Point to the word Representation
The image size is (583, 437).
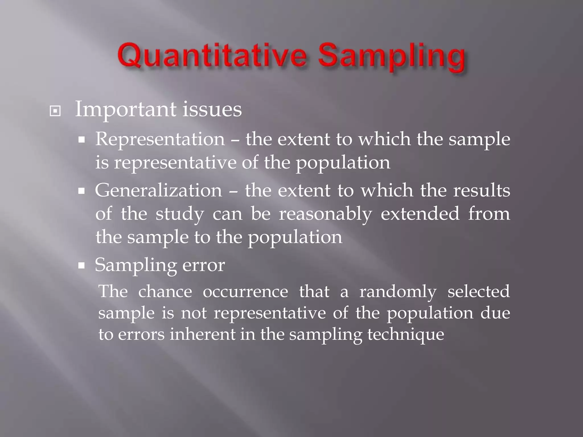pyautogui.click(x=160, y=139)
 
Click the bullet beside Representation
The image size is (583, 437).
pyautogui.click(x=82, y=140)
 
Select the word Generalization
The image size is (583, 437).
pyautogui.click(x=158, y=190)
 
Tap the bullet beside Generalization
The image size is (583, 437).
pyautogui.click(x=82, y=191)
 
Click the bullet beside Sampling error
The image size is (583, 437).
pyautogui.click(x=82, y=266)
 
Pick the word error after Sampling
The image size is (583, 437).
pyautogui.click(x=203, y=265)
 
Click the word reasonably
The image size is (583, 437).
pyautogui.click(x=325, y=214)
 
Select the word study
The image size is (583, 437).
pyautogui.click(x=180, y=214)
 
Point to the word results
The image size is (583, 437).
pyautogui.click(x=481, y=190)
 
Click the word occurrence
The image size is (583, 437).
pyautogui.click(x=245, y=292)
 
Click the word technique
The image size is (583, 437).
pyautogui.click(x=405, y=335)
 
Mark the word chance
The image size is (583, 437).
pyautogui.click(x=165, y=292)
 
